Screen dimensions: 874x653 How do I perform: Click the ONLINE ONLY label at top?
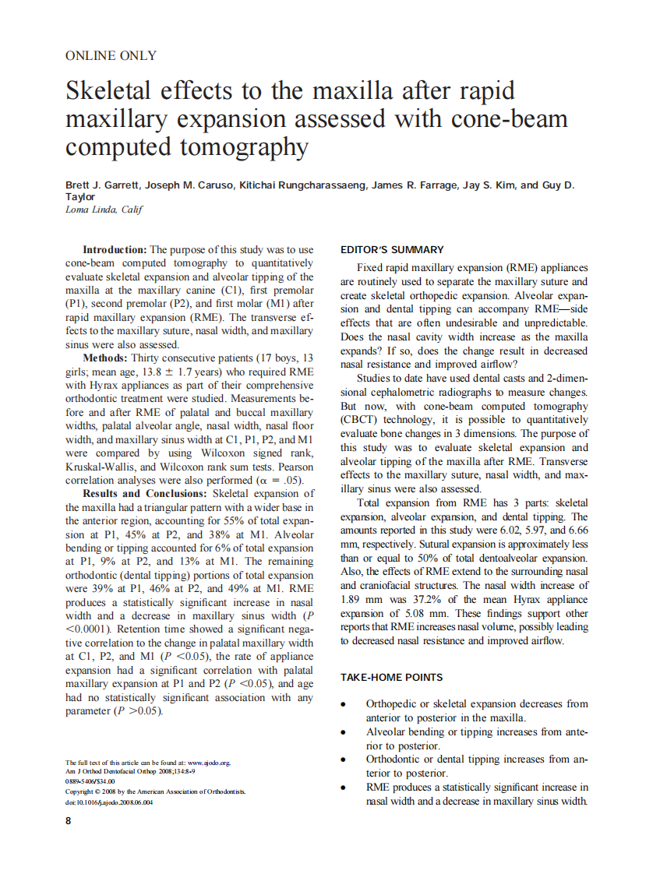click(111, 55)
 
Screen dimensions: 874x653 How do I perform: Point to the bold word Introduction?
click(115, 250)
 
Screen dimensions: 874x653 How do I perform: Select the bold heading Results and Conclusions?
click(145, 493)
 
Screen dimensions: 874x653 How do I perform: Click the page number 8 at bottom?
click(69, 821)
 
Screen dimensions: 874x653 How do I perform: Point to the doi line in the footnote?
click(109, 802)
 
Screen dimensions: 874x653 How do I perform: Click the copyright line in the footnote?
click(155, 791)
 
